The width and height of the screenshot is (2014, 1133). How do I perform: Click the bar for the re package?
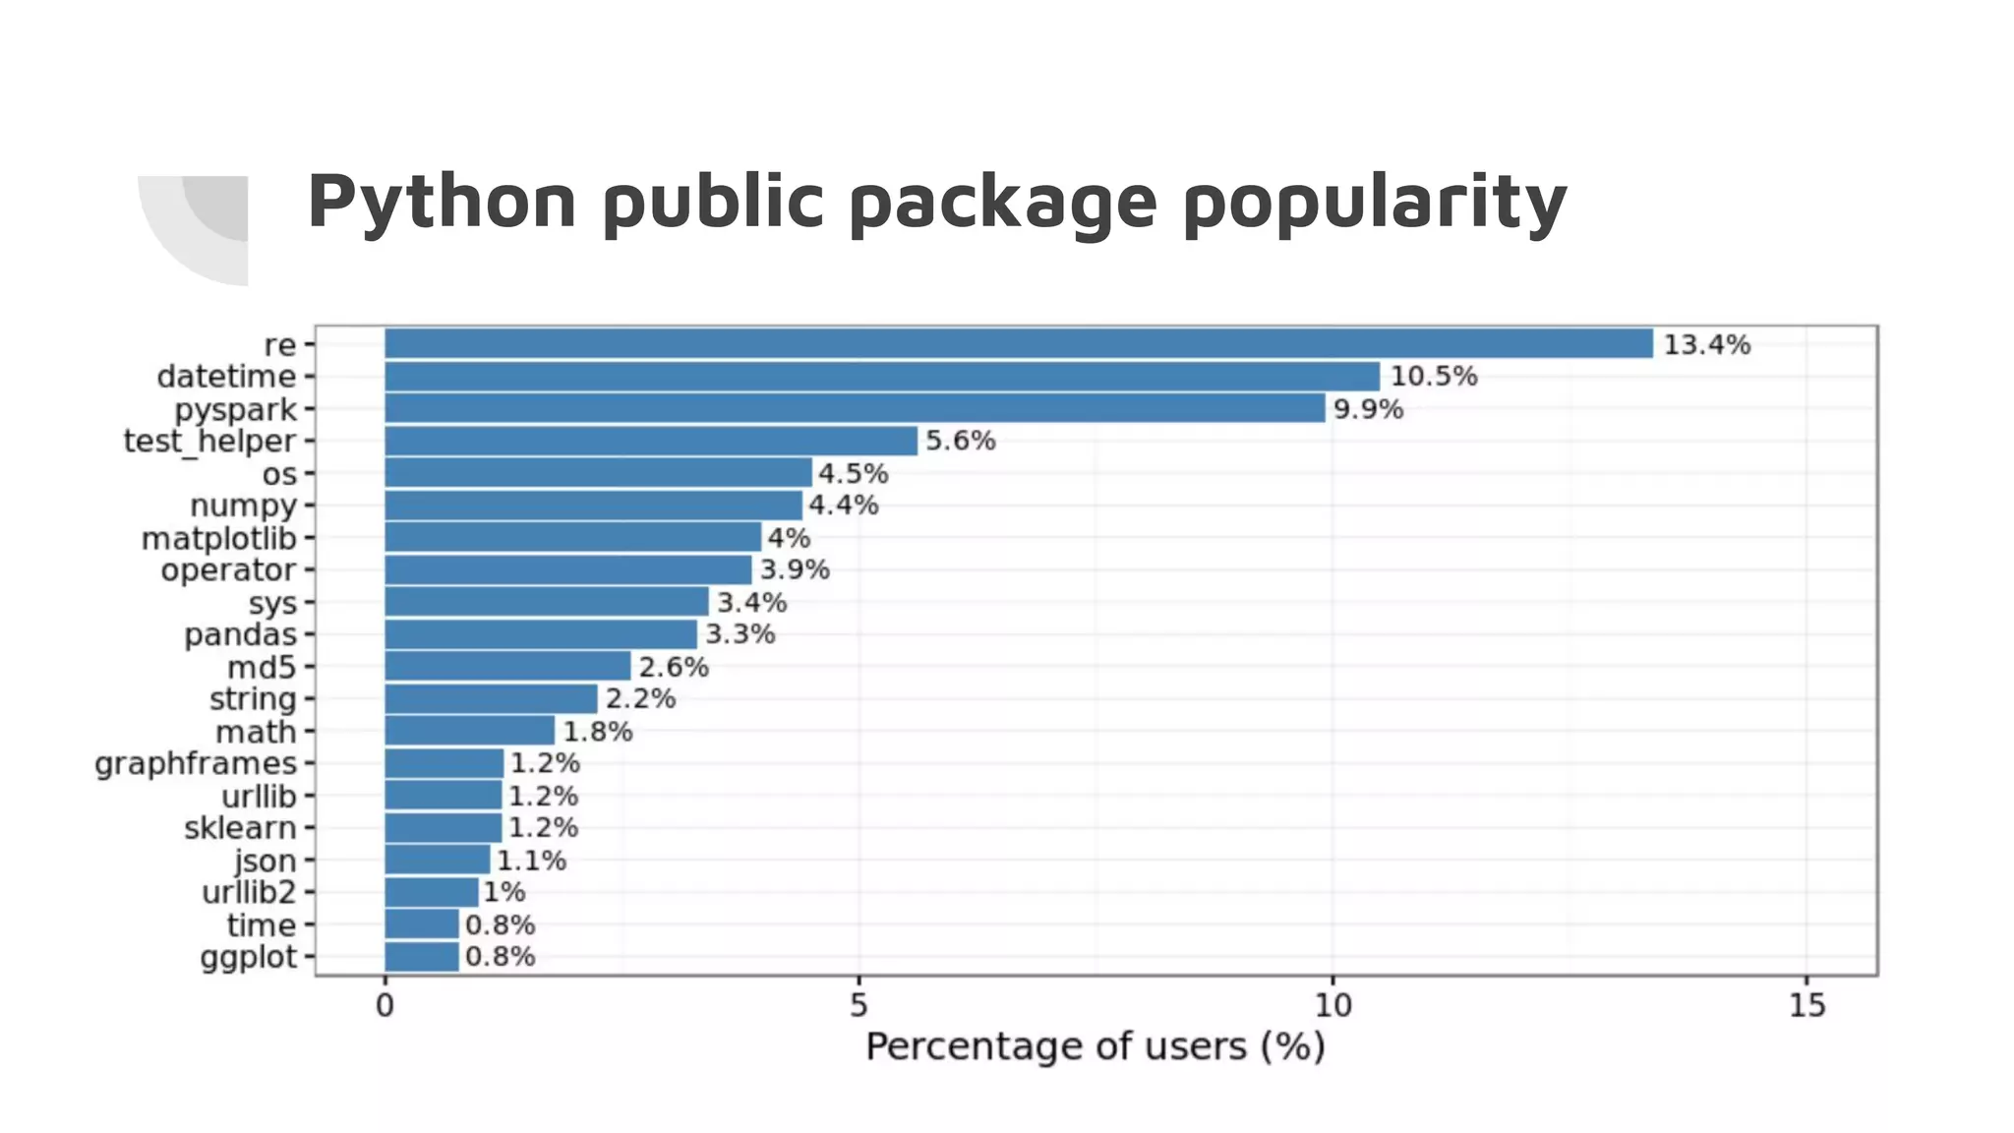[1018, 344]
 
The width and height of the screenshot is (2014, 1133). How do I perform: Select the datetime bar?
[882, 377]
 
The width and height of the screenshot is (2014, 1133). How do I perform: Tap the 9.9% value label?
[1368, 409]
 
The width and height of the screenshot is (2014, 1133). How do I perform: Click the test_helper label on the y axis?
[209, 442]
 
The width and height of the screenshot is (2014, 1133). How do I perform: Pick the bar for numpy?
[593, 506]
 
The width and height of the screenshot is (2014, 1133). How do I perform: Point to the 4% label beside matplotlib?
[789, 538]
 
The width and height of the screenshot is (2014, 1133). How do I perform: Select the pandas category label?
[240, 635]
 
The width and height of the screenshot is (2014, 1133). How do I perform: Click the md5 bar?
[507, 667]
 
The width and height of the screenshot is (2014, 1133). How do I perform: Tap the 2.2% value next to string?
[640, 699]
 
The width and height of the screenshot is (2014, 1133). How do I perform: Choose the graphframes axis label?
[196, 764]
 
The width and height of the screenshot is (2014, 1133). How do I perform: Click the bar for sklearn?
[443, 828]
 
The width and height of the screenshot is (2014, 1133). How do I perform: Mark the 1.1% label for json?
[531, 861]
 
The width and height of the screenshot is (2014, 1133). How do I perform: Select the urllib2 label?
[249, 893]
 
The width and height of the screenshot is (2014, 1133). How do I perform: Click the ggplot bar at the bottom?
[421, 957]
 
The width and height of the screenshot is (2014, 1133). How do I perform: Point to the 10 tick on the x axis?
[1332, 1005]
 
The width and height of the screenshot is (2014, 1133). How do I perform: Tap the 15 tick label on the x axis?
[1807, 1005]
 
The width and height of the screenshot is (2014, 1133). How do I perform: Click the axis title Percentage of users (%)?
[1095, 1046]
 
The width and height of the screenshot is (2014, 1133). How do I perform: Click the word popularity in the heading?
[1374, 203]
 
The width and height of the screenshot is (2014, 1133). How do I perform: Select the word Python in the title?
[442, 203]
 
